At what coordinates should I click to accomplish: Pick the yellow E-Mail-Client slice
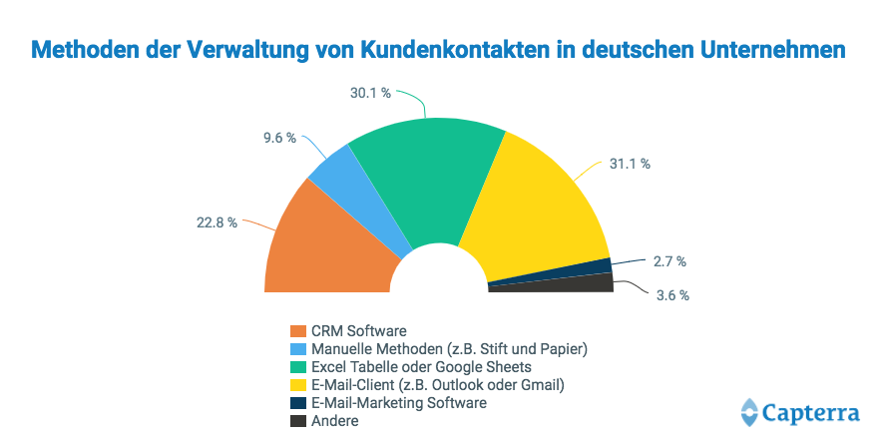(x=539, y=210)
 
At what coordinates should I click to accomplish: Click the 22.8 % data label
(x=217, y=222)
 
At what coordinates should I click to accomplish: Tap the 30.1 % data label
(x=370, y=92)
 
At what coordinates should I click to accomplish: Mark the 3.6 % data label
(x=671, y=295)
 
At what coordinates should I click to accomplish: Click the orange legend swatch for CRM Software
(x=297, y=330)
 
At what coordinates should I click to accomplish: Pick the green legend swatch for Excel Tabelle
(x=297, y=366)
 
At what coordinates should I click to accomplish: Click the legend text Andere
(x=334, y=420)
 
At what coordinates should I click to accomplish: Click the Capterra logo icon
(x=750, y=411)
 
